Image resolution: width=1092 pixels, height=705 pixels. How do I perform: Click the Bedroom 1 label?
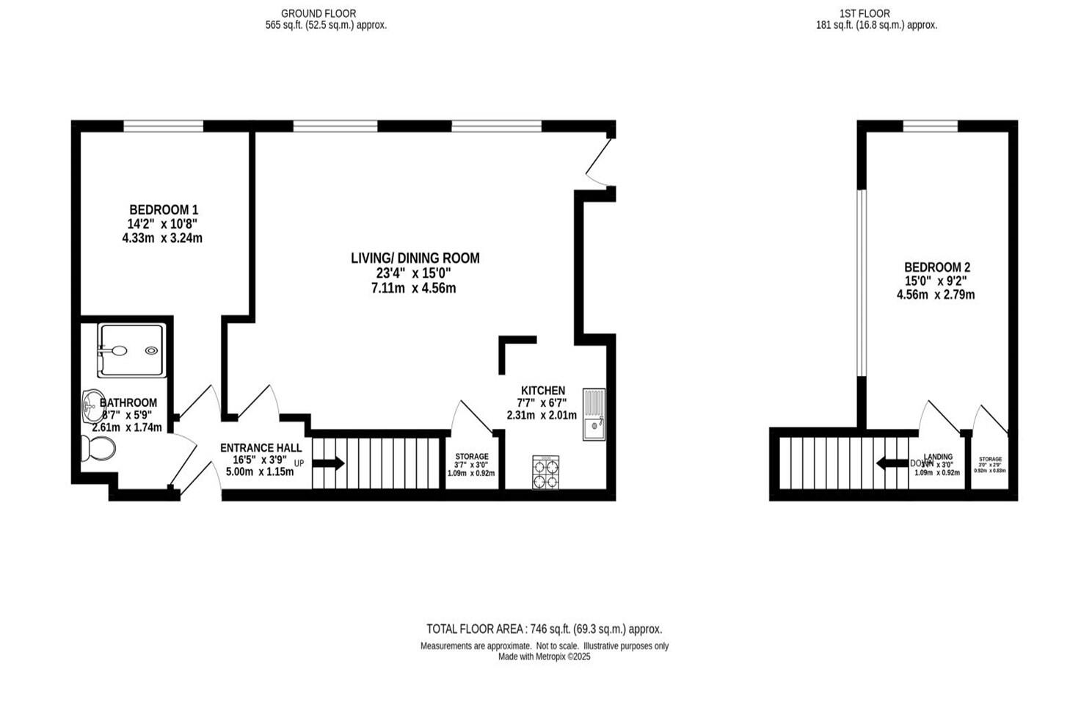point(163,210)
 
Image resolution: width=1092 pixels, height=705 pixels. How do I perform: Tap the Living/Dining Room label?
point(415,258)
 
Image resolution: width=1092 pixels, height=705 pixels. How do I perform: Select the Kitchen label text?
point(542,391)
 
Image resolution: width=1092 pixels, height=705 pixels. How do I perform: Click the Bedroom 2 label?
point(936,267)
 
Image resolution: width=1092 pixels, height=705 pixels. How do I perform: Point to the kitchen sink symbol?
point(594,414)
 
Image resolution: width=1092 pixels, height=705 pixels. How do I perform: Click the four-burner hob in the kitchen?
point(545,472)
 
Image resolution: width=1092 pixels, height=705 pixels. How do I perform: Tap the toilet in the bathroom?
point(98,447)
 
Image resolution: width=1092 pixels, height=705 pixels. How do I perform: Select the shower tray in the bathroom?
point(131,350)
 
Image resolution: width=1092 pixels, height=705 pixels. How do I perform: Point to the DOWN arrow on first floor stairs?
point(892,463)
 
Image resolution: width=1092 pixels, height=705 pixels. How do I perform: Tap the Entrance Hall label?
point(261,448)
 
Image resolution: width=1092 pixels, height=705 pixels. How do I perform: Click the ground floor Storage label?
point(471,457)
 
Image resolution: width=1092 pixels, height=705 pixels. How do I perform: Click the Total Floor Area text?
point(544,629)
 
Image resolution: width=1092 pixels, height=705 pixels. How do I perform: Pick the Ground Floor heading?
point(318,13)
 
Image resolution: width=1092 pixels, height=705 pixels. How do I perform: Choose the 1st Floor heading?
point(864,13)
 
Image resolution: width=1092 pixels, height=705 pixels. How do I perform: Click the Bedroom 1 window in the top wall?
point(163,126)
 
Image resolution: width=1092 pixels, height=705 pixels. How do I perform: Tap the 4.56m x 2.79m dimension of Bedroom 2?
point(936,295)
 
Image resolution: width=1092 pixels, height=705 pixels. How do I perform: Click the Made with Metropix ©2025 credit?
point(544,657)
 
